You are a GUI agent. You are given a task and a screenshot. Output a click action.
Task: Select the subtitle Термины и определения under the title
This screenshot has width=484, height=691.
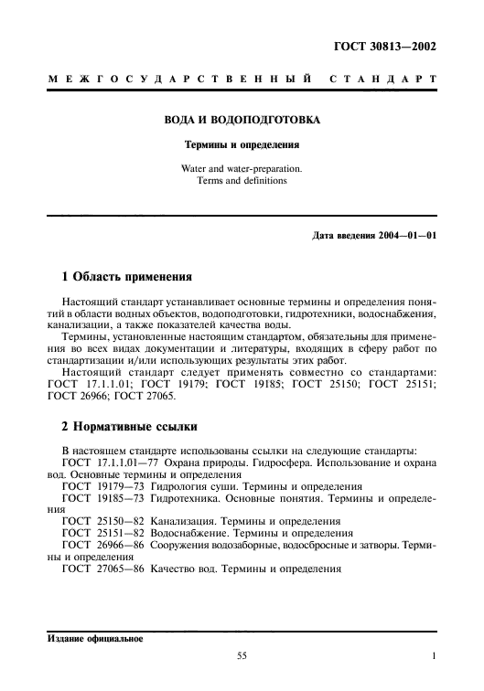coord(242,144)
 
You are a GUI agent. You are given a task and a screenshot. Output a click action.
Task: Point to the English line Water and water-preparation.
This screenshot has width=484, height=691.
coord(242,168)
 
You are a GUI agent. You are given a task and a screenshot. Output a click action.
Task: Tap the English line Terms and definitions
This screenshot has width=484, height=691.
coord(242,180)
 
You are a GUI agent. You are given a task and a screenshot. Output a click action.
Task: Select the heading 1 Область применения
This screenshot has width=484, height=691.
coord(120,275)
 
